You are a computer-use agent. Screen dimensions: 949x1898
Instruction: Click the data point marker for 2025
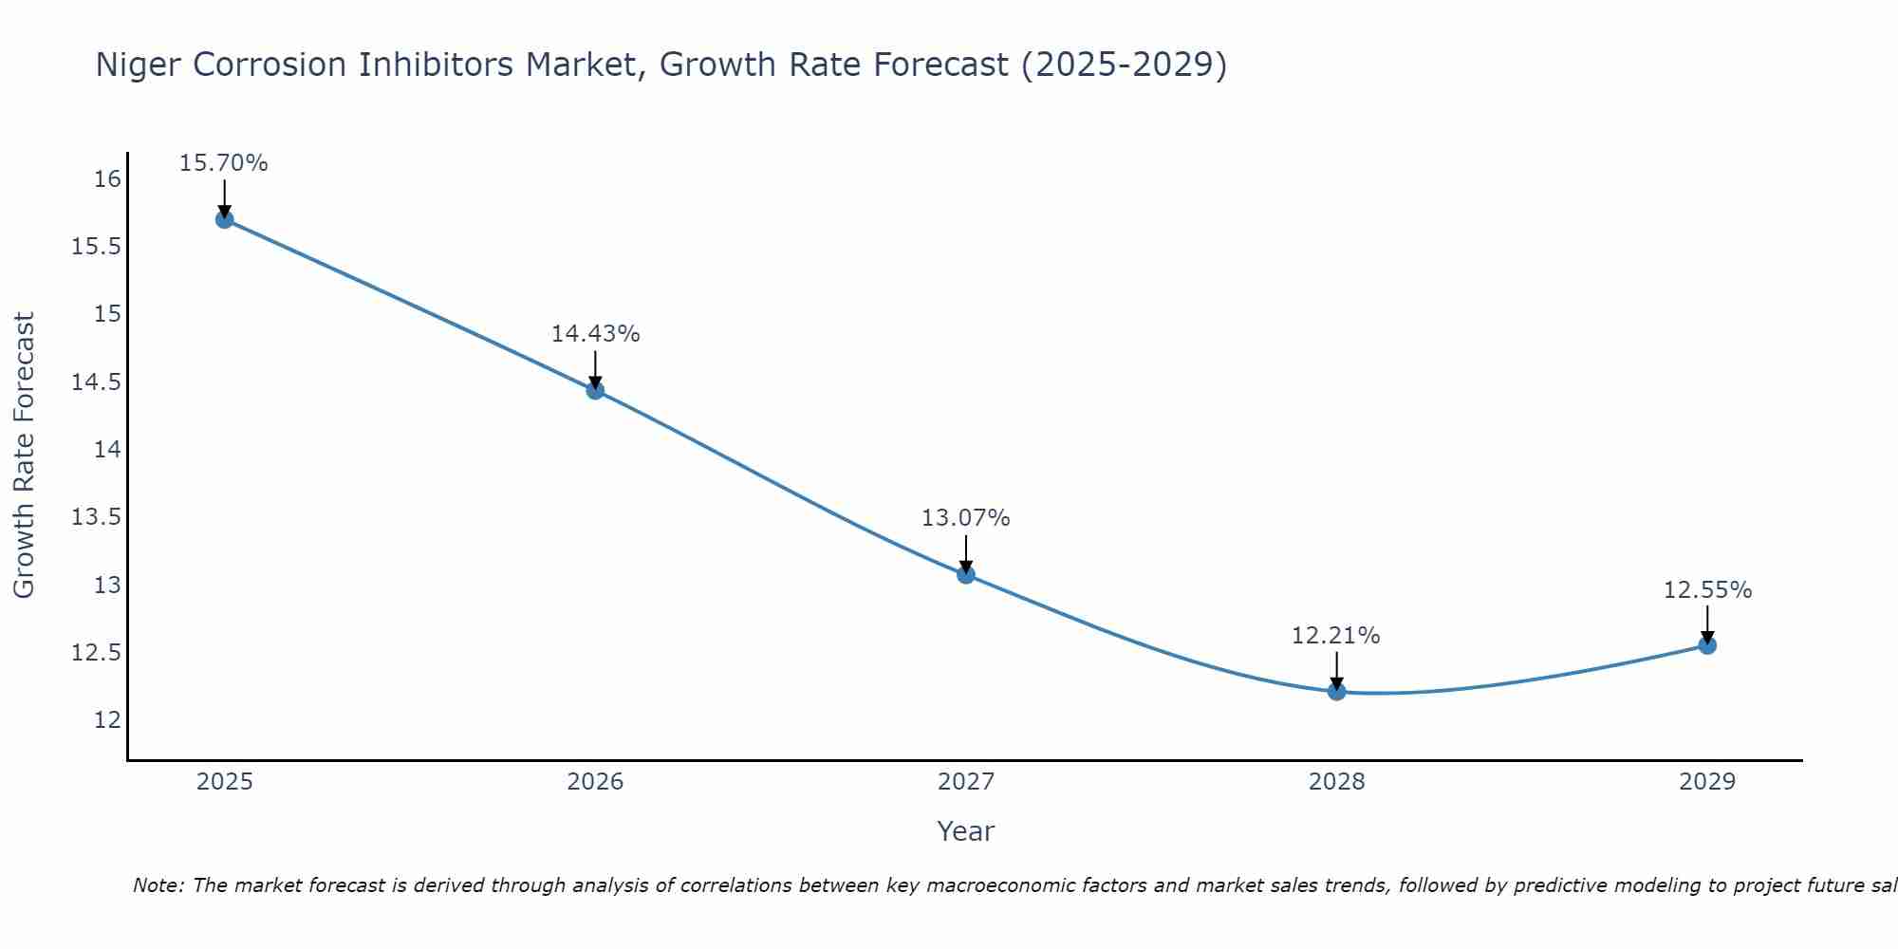pyautogui.click(x=224, y=219)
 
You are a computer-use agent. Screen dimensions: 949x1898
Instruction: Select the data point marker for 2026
pyautogui.click(x=595, y=390)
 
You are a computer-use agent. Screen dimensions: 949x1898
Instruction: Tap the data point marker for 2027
pyautogui.click(x=966, y=574)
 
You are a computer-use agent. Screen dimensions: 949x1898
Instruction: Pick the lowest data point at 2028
pyautogui.click(x=1336, y=691)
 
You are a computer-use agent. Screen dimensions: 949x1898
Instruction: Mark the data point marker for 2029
pyautogui.click(x=1707, y=645)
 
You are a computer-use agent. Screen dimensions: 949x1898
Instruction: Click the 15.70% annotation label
pyautogui.click(x=224, y=163)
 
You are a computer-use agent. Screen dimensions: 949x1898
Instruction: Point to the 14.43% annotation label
pyautogui.click(x=595, y=334)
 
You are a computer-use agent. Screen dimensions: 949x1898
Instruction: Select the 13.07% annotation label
pyautogui.click(x=966, y=518)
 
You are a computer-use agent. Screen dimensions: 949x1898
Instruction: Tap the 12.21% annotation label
pyautogui.click(x=1336, y=636)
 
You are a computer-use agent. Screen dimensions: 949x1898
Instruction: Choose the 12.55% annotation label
pyautogui.click(x=1707, y=590)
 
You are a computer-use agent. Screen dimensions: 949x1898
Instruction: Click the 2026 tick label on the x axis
pyautogui.click(x=595, y=782)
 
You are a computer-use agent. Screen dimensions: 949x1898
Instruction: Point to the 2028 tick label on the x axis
pyautogui.click(x=1336, y=782)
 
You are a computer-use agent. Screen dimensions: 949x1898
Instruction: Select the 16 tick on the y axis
pyautogui.click(x=108, y=179)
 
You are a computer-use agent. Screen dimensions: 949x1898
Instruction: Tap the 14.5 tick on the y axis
pyautogui.click(x=97, y=382)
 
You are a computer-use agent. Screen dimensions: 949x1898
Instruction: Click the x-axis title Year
pyautogui.click(x=966, y=831)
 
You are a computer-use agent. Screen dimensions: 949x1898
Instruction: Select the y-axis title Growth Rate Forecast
pyautogui.click(x=25, y=455)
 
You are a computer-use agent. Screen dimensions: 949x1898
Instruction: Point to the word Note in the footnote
pyautogui.click(x=158, y=885)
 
